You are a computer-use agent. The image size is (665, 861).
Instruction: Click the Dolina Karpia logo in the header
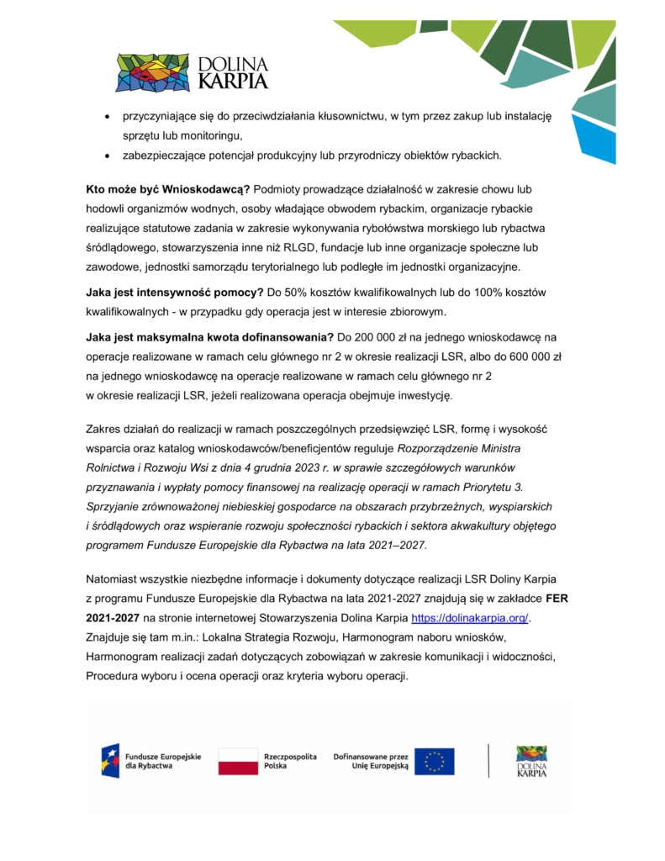pyautogui.click(x=193, y=72)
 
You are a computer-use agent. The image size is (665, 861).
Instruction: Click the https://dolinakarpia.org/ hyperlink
pyautogui.click(x=470, y=619)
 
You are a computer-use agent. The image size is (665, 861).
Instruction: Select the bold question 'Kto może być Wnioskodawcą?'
pyautogui.click(x=167, y=188)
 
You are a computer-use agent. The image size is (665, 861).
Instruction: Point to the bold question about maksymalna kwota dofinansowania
pyautogui.click(x=209, y=336)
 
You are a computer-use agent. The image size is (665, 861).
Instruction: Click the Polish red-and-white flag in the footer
pyautogui.click(x=238, y=761)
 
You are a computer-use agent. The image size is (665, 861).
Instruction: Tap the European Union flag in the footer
pyautogui.click(x=434, y=761)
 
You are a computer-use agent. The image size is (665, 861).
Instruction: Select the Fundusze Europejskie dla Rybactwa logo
pyautogui.click(x=151, y=761)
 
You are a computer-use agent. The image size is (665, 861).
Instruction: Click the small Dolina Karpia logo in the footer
pyautogui.click(x=531, y=761)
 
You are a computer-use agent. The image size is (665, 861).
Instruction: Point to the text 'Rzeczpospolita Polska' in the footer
pyautogui.click(x=290, y=761)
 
